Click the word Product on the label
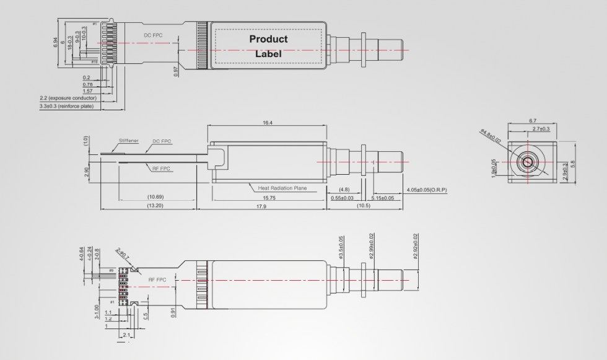268,39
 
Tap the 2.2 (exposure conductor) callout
68,99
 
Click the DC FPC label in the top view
153,35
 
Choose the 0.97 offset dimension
176,71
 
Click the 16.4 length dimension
267,123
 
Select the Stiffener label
129,141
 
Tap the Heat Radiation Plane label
282,187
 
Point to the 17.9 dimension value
268,206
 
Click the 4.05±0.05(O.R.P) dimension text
427,189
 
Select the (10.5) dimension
363,206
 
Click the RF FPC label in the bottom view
157,280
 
